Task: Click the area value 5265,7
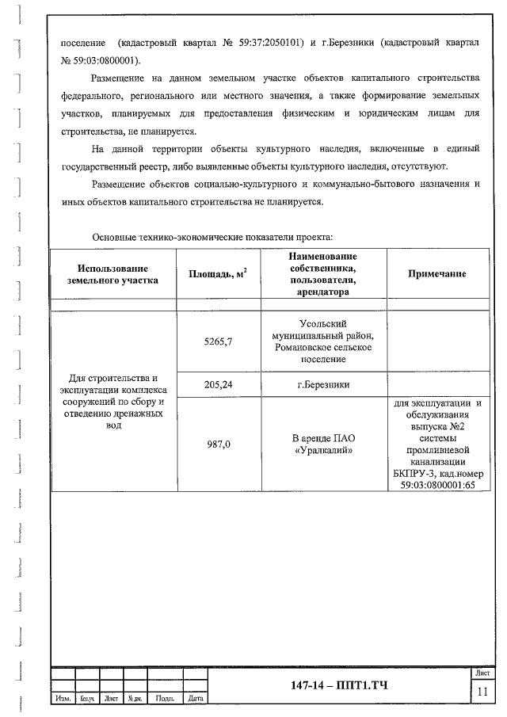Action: point(218,341)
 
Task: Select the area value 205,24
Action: point(218,385)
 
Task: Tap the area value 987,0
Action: point(218,444)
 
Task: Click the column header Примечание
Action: point(436,273)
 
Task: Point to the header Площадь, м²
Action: point(218,273)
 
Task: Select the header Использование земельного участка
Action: point(112,273)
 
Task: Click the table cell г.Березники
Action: point(322,385)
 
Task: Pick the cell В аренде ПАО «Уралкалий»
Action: point(322,444)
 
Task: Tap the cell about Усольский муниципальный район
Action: point(322,341)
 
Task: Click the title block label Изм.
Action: point(63,699)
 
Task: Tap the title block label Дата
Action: point(194,699)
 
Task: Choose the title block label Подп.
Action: point(166,699)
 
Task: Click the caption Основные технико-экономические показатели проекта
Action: point(212,237)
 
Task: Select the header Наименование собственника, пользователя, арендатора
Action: point(322,273)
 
